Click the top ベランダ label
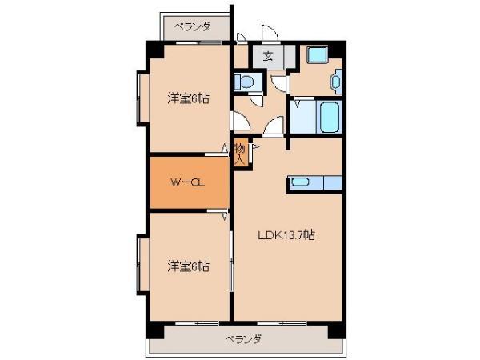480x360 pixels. click(x=193, y=26)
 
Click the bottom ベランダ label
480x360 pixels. click(x=243, y=339)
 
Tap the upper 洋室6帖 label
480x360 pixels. click(x=188, y=98)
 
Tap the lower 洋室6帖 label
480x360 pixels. click(x=188, y=266)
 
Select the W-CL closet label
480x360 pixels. click(x=188, y=182)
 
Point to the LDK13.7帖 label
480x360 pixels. click(x=286, y=235)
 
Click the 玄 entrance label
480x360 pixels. click(x=268, y=56)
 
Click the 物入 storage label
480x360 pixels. click(x=240, y=154)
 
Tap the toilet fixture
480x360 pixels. click(x=244, y=82)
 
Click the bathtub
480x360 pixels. click(x=330, y=116)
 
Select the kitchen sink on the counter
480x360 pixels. click(x=300, y=182)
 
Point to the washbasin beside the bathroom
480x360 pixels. click(x=337, y=82)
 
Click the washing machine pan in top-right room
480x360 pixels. click(x=318, y=55)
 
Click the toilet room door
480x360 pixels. click(x=257, y=100)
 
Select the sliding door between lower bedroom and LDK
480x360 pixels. click(x=232, y=261)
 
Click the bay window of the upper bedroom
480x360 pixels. click(x=142, y=98)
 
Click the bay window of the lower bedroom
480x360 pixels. click(x=142, y=265)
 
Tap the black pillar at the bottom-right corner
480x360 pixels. click(x=337, y=330)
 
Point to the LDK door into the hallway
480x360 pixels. click(x=274, y=126)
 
